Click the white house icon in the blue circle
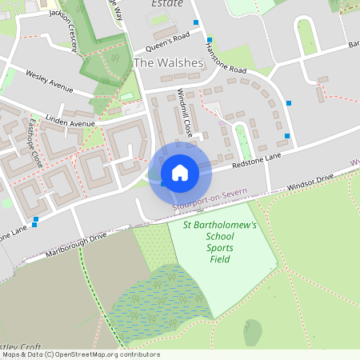(x=179, y=173)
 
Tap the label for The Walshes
(x=168, y=62)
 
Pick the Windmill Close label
(x=184, y=112)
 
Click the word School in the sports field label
(x=220, y=238)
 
